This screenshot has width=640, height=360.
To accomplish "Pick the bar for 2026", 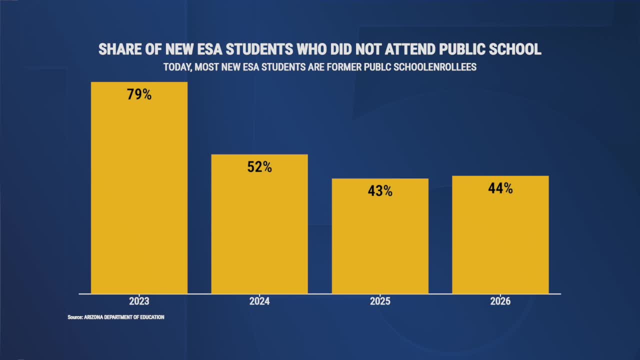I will pyautogui.click(x=500, y=234).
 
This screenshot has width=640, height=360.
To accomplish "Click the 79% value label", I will pyautogui.click(x=139, y=94).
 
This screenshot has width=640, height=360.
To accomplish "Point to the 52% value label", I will pyautogui.click(x=259, y=167).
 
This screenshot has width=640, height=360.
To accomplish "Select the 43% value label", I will pyautogui.click(x=380, y=190).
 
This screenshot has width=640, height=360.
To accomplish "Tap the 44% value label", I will pyautogui.click(x=500, y=188).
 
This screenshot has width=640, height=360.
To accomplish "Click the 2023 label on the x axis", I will pyautogui.click(x=139, y=301).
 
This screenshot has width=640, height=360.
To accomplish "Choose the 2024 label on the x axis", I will pyautogui.click(x=259, y=301).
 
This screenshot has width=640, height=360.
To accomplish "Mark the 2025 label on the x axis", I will pyautogui.click(x=380, y=301).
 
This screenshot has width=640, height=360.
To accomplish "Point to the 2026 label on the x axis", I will pyautogui.click(x=500, y=301).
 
